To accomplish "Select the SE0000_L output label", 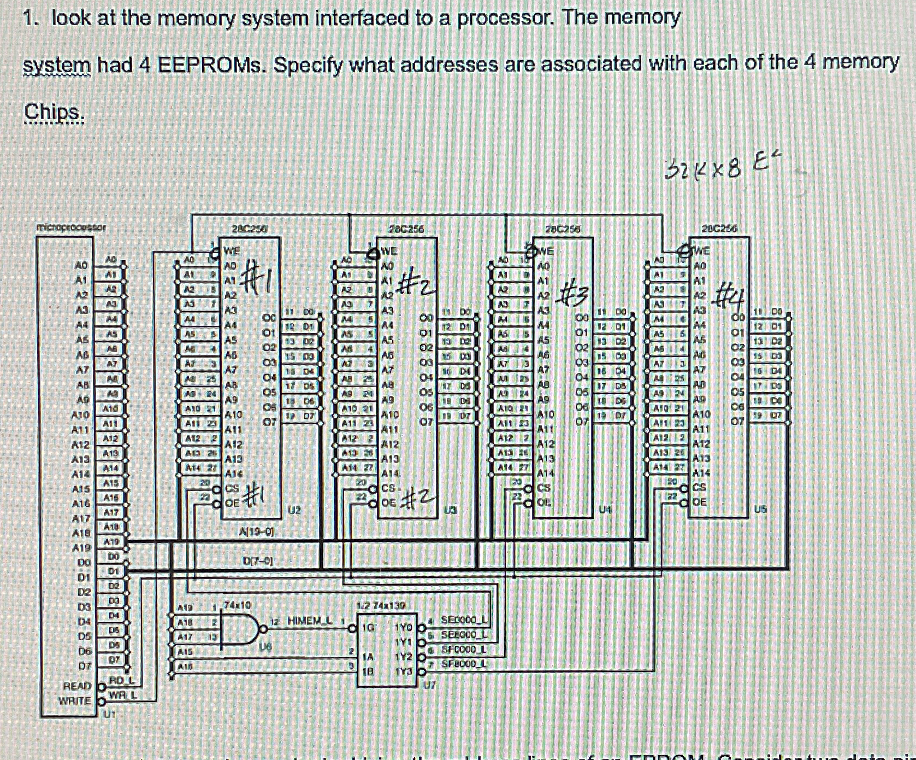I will [464, 620].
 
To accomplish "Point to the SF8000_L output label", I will [464, 664].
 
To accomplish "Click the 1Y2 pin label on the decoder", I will [403, 656].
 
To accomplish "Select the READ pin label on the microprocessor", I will [77, 686].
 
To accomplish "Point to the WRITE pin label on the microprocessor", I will [75, 700].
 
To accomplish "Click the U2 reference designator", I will [294, 510].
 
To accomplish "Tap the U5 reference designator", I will [760, 509].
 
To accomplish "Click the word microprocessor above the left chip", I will [71, 226].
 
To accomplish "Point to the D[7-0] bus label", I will [257, 560].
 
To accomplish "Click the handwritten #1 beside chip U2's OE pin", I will [253, 496].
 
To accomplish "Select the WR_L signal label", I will [122, 695].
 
